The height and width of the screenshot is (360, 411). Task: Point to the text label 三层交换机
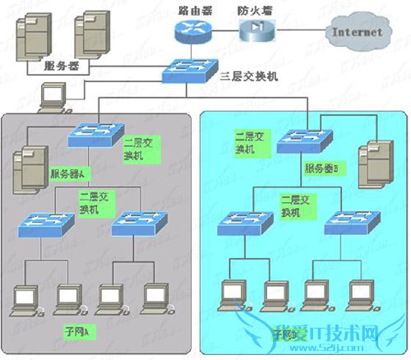click(x=249, y=76)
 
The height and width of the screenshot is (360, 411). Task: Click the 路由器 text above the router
click(x=193, y=10)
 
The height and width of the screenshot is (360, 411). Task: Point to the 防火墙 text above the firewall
click(x=255, y=10)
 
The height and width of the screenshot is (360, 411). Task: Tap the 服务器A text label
click(x=68, y=174)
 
